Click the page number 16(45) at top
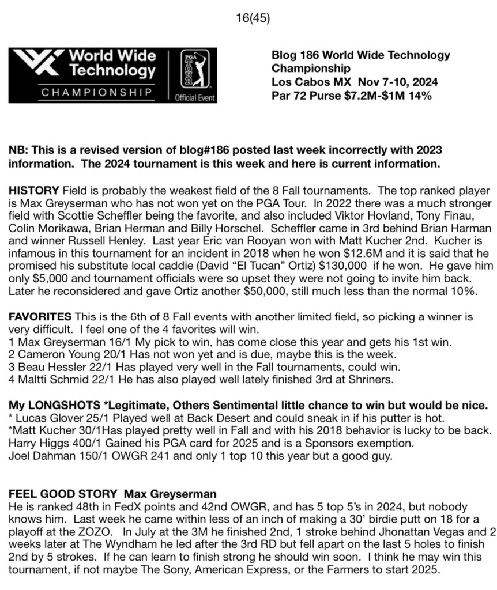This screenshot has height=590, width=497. [253, 18]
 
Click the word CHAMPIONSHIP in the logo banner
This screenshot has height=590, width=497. [89, 92]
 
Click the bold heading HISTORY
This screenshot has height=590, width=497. [33, 190]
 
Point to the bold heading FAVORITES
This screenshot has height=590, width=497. [40, 316]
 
